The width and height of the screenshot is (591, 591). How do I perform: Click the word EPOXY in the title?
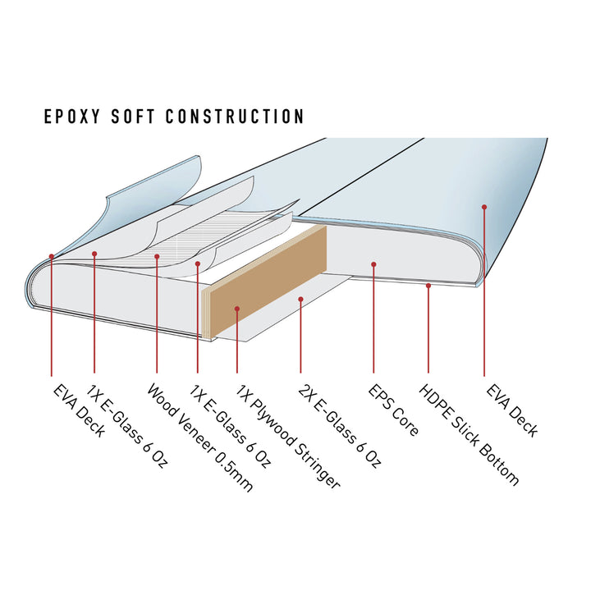point(71,116)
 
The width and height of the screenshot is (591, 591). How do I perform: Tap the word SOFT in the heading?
point(133,116)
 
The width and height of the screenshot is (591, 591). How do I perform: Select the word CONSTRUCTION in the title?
point(235,116)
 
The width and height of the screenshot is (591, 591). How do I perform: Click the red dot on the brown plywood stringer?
point(237,309)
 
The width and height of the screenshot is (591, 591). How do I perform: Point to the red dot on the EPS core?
point(373,264)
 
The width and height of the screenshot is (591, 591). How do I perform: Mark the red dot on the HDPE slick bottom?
point(428,286)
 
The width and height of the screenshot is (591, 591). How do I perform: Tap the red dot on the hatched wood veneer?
point(157,256)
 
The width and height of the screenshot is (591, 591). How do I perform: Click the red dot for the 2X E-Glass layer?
point(300,300)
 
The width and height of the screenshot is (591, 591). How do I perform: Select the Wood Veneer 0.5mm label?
point(199,438)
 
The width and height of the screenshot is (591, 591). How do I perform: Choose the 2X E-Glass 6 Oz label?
point(340,426)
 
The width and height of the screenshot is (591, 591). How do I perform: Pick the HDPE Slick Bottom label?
point(469,434)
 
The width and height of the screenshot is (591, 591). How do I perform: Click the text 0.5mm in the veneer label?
point(234,472)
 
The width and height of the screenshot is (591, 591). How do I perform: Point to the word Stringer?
point(317,465)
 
